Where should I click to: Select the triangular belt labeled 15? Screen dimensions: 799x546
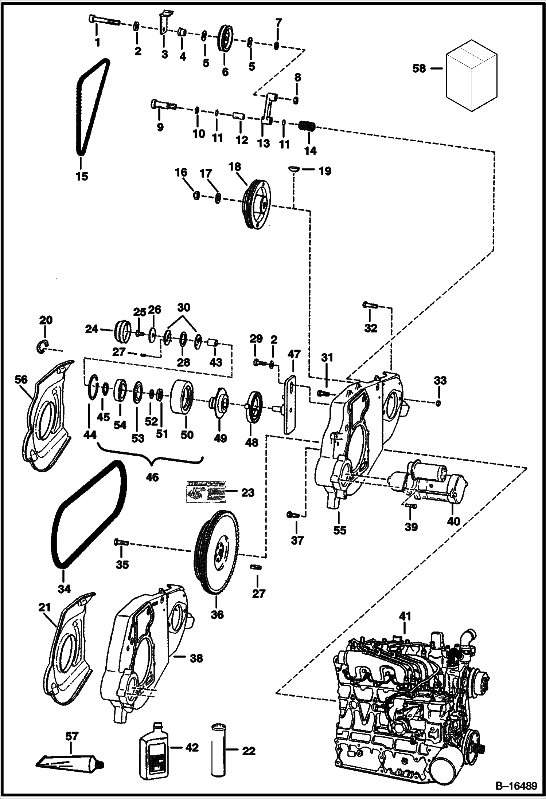click(81, 109)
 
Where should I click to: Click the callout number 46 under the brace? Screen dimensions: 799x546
click(152, 477)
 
